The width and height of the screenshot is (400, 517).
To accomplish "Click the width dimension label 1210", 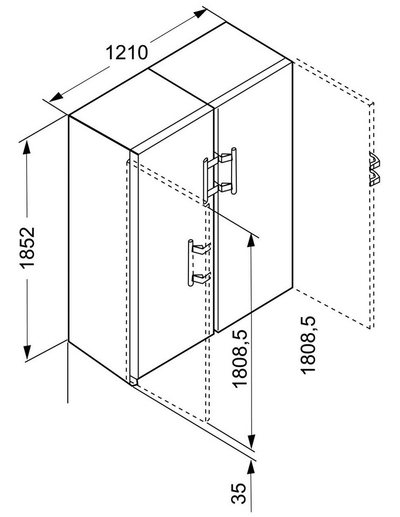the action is [126, 52].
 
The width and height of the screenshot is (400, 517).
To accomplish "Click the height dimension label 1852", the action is [28, 247].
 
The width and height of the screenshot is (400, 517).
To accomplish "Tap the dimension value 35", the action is [239, 493].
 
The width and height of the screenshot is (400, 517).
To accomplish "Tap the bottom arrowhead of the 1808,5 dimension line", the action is [252, 440].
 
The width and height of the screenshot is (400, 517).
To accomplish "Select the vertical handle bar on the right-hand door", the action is [234, 171].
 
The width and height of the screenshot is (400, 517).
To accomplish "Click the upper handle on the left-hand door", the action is [206, 180].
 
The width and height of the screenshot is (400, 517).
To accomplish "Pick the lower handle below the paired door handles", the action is [191, 263].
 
